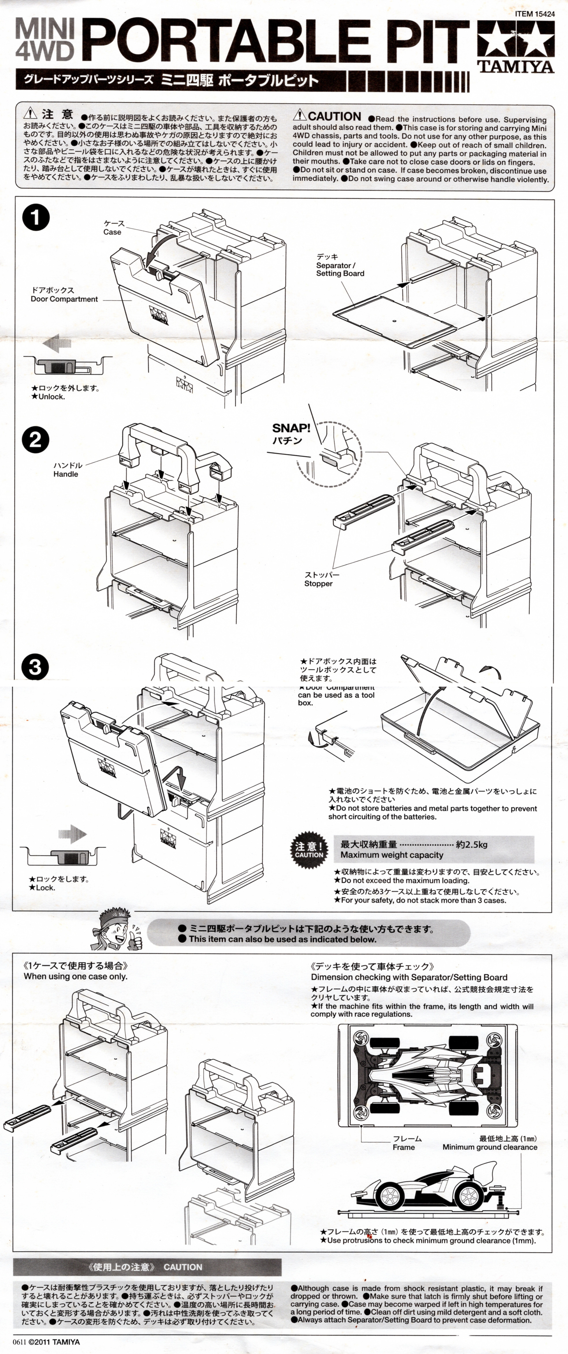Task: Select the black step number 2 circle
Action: tap(35, 440)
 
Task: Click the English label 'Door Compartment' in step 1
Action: tap(64, 299)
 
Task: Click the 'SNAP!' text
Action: tap(291, 429)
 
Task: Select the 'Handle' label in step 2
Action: tap(66, 474)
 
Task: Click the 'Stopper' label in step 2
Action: tap(318, 583)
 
